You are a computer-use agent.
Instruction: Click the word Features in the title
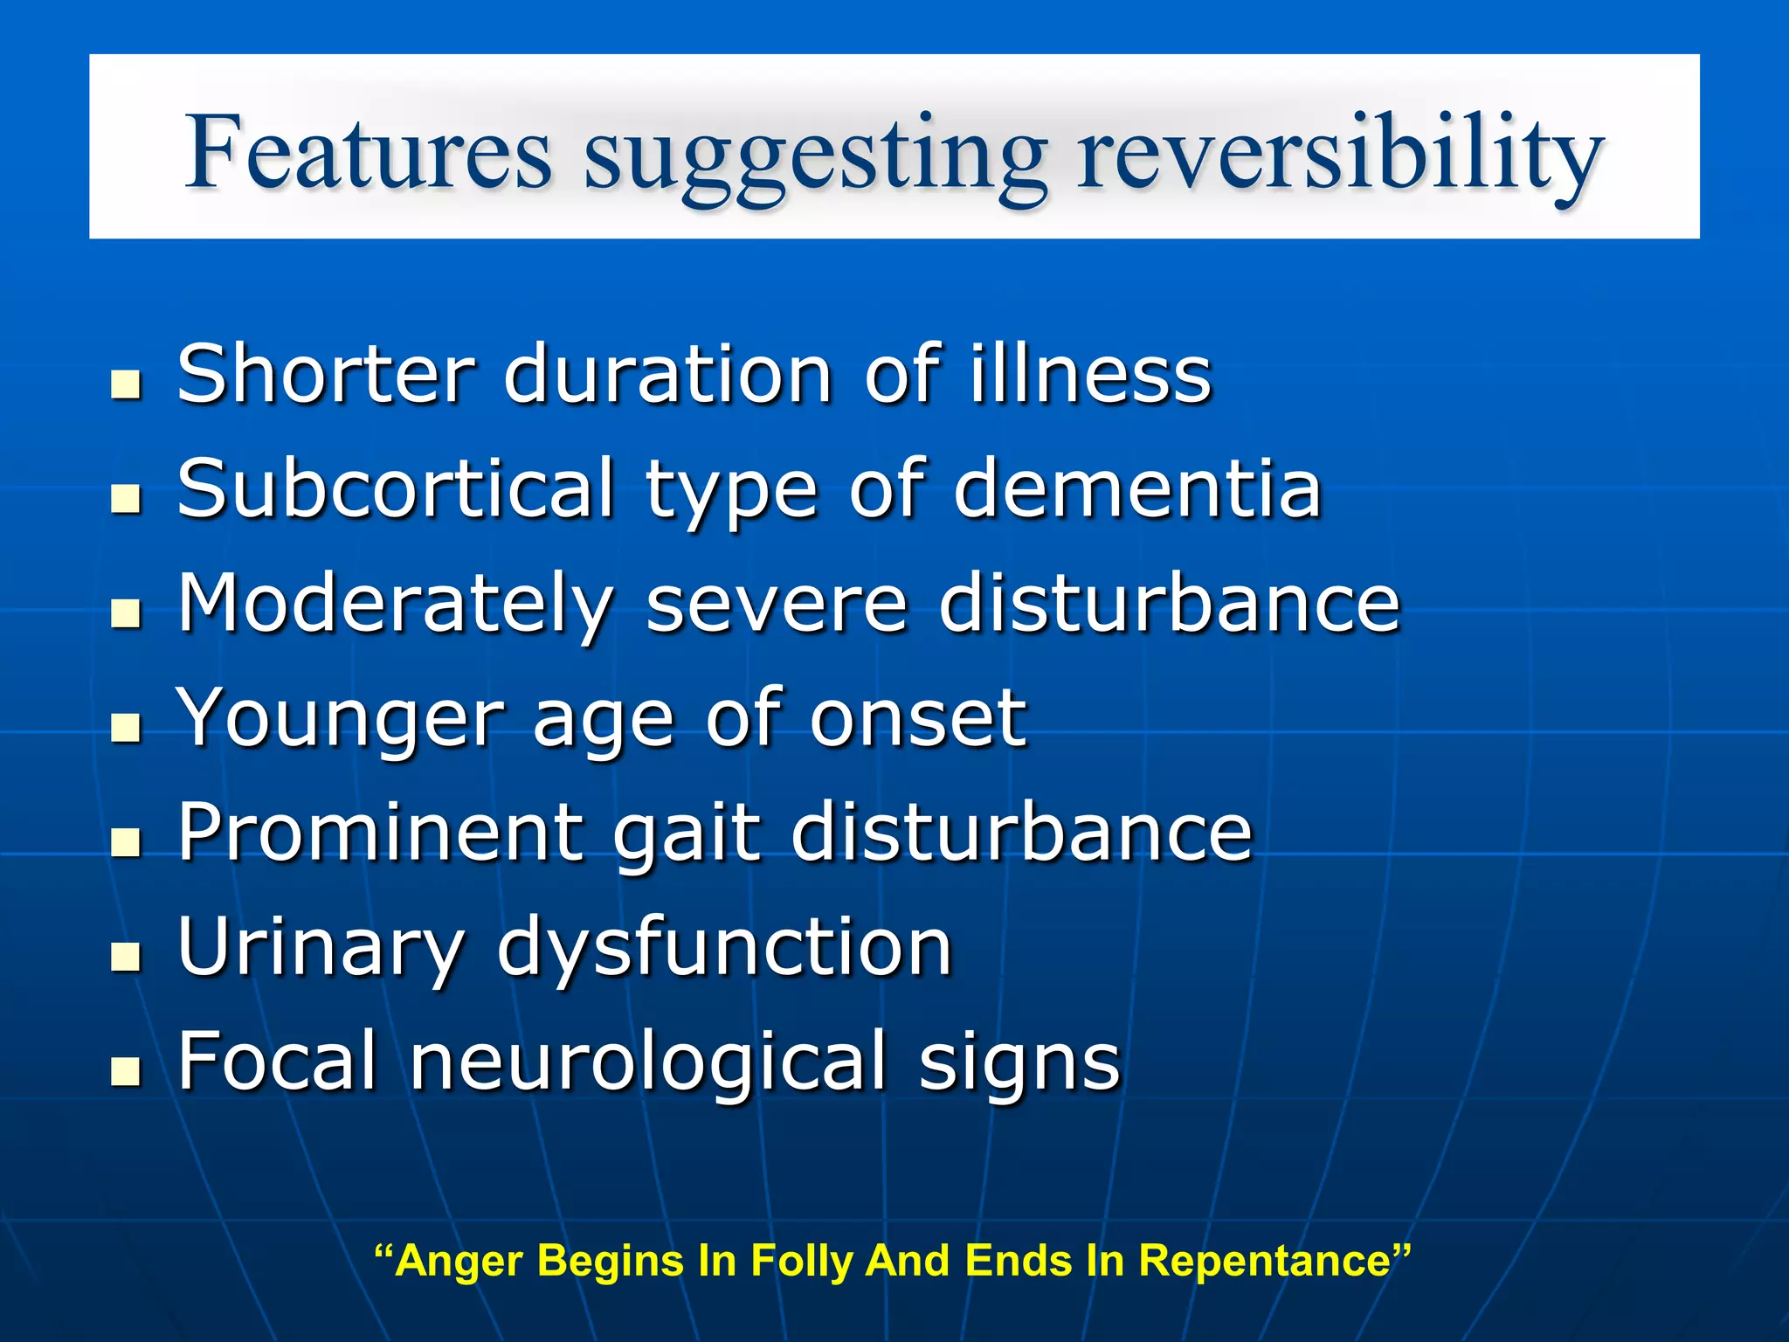pyautogui.click(x=368, y=153)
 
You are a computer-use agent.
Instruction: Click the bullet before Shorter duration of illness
pyautogui.click(x=127, y=384)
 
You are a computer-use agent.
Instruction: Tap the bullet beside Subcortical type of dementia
pyautogui.click(x=127, y=499)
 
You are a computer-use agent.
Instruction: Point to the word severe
pyautogui.click(x=777, y=605)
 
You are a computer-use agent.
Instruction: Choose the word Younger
pyautogui.click(x=341, y=719)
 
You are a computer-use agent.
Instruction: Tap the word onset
pyautogui.click(x=917, y=719)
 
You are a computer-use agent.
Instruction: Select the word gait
pyautogui.click(x=687, y=835)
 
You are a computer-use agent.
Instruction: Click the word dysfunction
pyautogui.click(x=724, y=949)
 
